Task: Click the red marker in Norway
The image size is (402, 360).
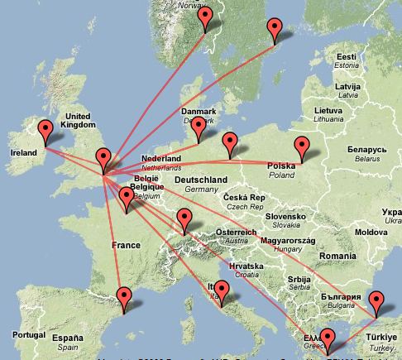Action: [206, 17]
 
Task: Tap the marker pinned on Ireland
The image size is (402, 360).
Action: [45, 131]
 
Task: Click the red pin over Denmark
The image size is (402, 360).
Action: [199, 127]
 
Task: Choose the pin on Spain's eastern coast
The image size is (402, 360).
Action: [124, 296]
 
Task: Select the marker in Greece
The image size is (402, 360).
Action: [328, 339]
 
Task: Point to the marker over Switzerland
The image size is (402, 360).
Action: [184, 219]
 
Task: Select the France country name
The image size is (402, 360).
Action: [125, 245]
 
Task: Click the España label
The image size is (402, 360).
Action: [68, 338]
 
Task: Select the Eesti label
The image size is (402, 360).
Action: [346, 56]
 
